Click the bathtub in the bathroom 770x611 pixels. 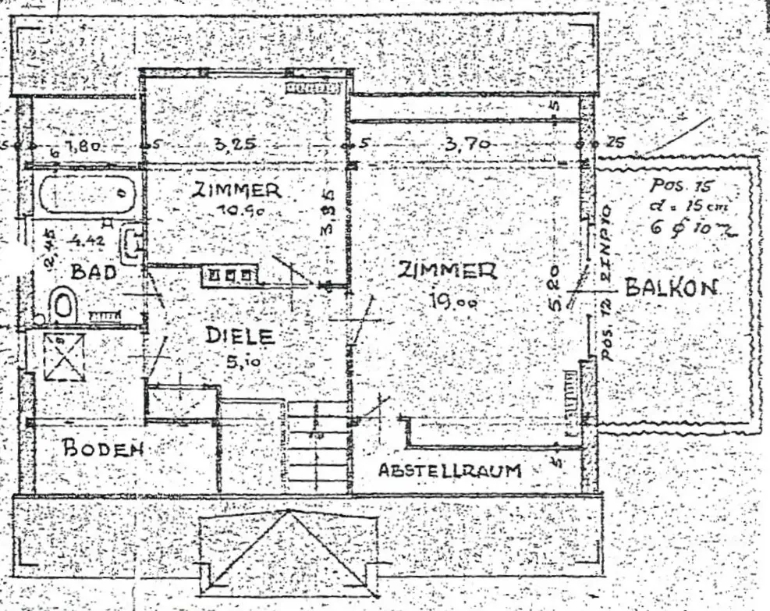click(86, 194)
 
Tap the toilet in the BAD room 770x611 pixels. click(63, 305)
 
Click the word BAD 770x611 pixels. click(93, 272)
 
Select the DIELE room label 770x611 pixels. click(241, 336)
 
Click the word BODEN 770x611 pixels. click(103, 449)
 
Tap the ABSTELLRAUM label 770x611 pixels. click(449, 471)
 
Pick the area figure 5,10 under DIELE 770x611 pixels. click(240, 361)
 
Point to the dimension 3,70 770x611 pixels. click(467, 144)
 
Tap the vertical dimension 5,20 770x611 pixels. click(552, 288)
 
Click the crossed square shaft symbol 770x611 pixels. click(64, 357)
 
